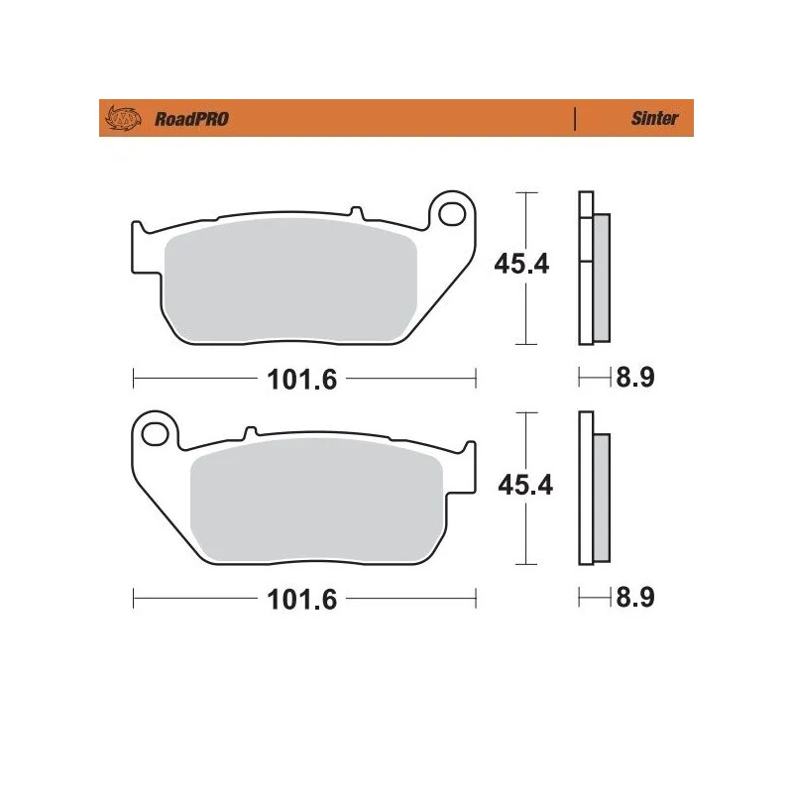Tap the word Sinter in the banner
[654, 119]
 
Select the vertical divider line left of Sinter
[575, 119]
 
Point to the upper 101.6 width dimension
[287, 378]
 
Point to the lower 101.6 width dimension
[287, 600]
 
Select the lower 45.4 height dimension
[522, 485]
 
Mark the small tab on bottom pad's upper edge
[251, 432]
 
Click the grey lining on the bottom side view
[603, 496]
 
